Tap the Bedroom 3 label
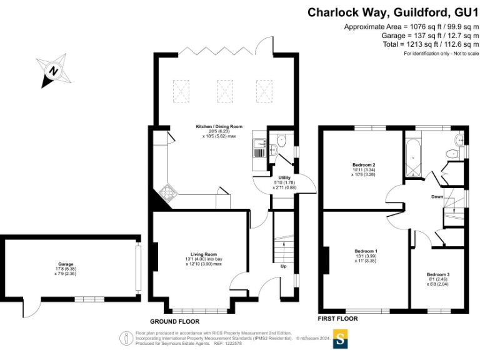click(x=438, y=274)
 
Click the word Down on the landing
click(x=437, y=197)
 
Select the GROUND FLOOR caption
click(x=176, y=321)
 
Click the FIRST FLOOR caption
click(x=338, y=318)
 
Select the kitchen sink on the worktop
click(x=259, y=148)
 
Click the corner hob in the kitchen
click(x=167, y=191)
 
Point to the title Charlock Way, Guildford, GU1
click(x=388, y=12)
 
